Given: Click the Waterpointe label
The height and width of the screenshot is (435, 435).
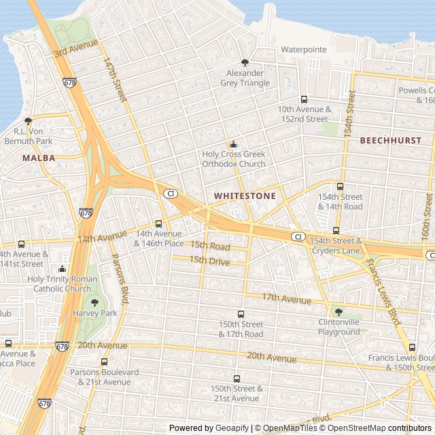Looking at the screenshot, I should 304,50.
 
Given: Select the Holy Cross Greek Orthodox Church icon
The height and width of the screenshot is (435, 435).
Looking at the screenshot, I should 234,144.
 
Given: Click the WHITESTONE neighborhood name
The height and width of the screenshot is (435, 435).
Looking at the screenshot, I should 245,196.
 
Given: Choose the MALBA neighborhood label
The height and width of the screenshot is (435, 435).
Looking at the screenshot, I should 38,158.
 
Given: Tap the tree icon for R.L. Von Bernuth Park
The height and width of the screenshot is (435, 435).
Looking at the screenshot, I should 28,120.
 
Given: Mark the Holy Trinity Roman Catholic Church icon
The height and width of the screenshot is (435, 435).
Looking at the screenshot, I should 63,268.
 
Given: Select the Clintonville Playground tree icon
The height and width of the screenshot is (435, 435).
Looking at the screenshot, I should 338,312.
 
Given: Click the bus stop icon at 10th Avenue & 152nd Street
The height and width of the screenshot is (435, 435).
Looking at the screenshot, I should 304,99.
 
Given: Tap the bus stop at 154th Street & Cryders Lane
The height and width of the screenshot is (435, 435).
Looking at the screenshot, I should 336,231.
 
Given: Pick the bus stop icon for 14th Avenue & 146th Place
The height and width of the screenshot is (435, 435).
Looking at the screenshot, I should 159,224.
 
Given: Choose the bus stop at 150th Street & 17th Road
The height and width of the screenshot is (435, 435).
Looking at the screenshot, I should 241,314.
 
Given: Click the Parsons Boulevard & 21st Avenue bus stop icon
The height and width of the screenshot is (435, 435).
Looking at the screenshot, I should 104,362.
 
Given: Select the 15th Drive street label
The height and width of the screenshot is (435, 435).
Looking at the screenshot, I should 209,260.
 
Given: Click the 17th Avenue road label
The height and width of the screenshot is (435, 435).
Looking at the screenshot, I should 286,298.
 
